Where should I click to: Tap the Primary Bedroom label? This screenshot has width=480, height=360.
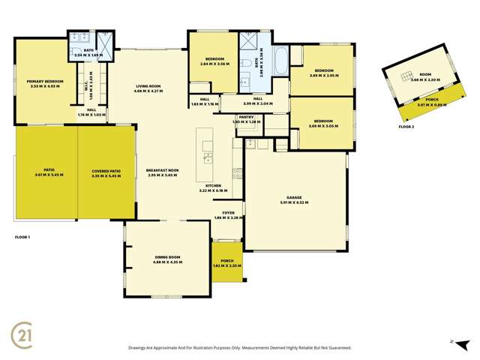pos(45,80)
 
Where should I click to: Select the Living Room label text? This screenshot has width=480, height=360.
pos(149,86)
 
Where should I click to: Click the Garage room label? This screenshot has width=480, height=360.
pos(295,199)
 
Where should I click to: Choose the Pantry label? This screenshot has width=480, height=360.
pos(246,117)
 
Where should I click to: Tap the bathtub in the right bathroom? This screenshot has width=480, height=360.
pos(280,61)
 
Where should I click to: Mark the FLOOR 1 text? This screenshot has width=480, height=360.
pos(23,236)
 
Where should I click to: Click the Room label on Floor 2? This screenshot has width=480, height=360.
pos(426,74)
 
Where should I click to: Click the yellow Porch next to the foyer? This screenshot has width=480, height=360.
pos(226,262)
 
